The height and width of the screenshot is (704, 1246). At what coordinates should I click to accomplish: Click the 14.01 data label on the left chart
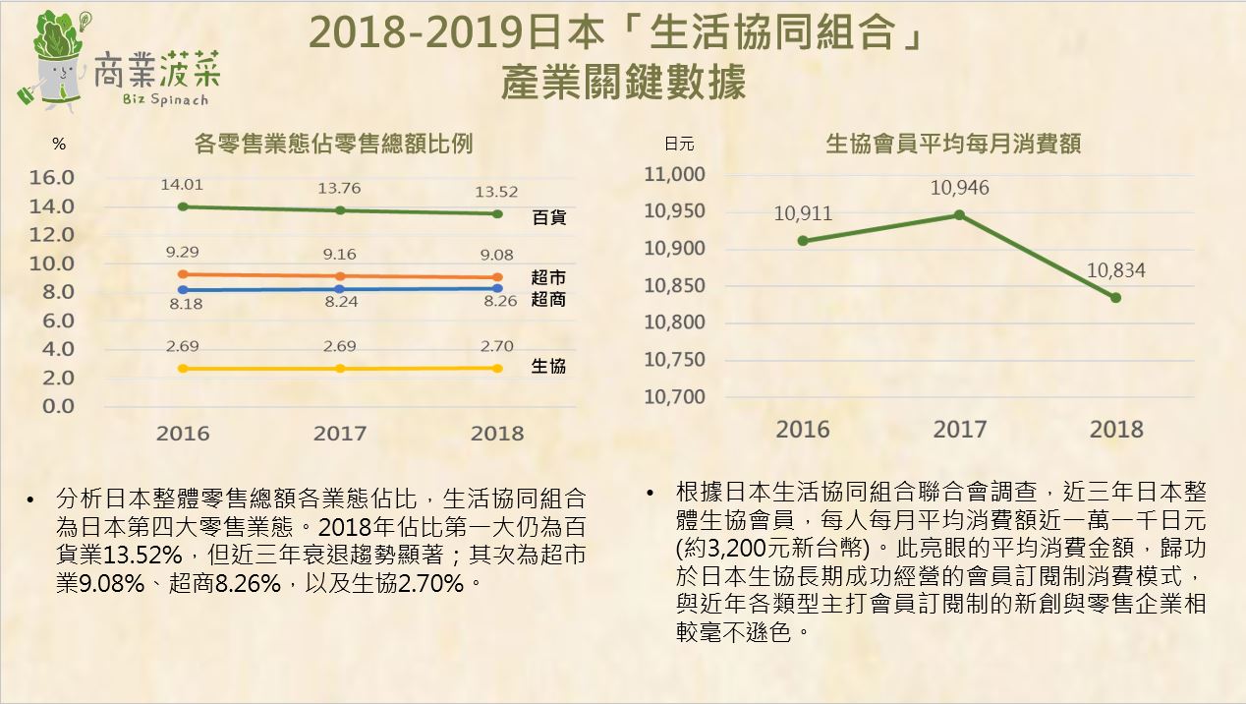184,184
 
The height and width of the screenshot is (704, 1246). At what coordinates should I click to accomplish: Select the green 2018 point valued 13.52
497,213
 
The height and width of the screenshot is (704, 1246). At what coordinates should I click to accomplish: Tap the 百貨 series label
549,218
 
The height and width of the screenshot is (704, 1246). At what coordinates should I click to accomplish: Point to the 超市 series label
548,278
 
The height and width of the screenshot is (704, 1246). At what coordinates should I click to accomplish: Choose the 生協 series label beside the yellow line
548,366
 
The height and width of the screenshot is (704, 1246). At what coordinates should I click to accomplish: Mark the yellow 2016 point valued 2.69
184,369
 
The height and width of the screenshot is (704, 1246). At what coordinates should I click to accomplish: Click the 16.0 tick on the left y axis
53,178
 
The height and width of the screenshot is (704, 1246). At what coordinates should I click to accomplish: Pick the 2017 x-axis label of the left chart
340,434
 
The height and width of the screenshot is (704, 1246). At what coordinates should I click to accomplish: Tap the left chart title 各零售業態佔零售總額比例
334,144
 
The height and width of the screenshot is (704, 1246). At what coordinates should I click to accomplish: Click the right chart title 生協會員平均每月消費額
953,145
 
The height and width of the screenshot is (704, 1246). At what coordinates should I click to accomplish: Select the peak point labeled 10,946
960,214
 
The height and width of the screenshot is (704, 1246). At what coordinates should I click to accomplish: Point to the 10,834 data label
1115,270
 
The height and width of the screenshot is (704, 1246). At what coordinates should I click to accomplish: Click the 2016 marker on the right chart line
803,240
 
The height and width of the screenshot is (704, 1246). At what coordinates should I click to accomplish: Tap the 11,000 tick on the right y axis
675,175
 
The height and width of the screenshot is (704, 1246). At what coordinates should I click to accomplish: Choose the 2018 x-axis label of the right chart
1116,430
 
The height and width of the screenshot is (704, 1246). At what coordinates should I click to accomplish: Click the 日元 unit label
679,145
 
